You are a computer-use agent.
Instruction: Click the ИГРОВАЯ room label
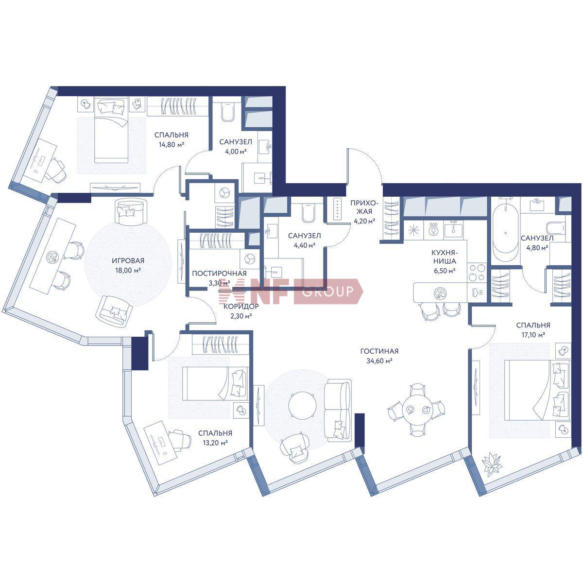128,260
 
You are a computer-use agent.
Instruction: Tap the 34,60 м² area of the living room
379,360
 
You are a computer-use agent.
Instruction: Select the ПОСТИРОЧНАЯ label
219,273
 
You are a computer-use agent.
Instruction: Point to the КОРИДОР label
241,307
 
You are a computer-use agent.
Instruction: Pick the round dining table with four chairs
417,410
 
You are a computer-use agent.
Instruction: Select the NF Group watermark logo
291,291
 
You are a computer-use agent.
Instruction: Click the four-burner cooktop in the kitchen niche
477,272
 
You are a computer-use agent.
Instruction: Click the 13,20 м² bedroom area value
215,443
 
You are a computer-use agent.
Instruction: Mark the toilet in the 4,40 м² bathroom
308,213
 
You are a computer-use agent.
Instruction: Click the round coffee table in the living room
303,405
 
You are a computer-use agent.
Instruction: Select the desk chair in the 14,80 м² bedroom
56,171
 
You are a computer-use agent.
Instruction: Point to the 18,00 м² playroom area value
128,270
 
